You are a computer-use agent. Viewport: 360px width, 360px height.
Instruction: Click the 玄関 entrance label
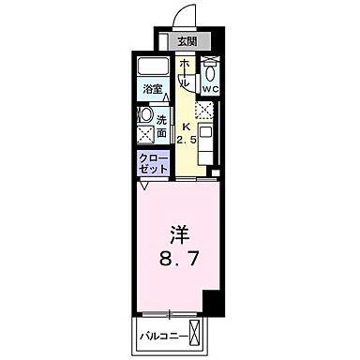187,41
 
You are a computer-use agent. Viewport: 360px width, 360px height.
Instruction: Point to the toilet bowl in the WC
211,73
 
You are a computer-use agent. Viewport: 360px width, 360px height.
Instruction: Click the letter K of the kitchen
186,126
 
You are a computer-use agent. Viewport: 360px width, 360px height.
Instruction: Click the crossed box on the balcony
195,333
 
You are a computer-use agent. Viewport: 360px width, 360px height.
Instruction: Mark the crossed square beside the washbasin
146,133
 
